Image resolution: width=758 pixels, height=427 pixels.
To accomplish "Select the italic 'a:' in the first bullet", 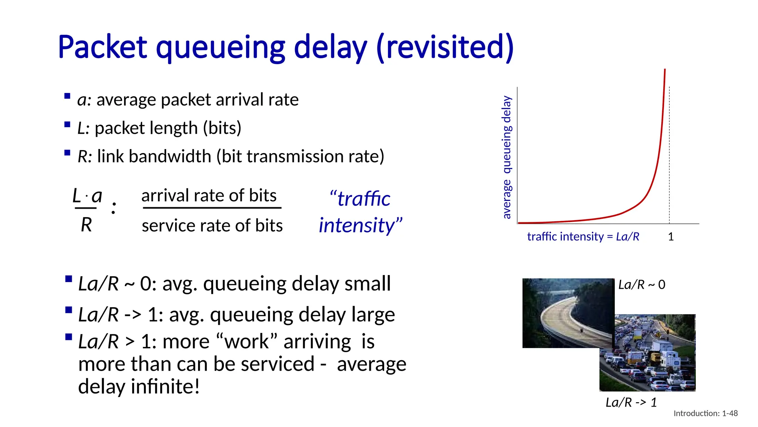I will [x=84, y=100].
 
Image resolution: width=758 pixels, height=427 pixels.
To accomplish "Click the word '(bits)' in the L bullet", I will [x=222, y=128].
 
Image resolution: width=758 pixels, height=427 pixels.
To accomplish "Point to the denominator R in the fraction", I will [x=86, y=225].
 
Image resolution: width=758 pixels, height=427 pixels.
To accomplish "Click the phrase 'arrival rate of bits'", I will [x=209, y=196].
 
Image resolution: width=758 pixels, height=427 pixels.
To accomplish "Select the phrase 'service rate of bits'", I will [x=212, y=226].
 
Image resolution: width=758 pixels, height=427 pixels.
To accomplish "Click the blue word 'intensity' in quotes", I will [x=357, y=225].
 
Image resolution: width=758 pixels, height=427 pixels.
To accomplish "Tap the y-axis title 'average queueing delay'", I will [x=507, y=157].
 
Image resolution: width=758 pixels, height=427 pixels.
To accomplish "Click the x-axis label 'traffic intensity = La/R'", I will [x=583, y=236].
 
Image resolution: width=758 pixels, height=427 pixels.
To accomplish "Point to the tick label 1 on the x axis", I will [x=671, y=237].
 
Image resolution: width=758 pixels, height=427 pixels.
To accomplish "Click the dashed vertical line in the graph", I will [x=669, y=156].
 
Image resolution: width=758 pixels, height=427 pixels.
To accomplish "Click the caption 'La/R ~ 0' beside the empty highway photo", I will [x=642, y=285].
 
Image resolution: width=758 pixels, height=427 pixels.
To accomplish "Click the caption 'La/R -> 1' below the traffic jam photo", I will [x=631, y=403].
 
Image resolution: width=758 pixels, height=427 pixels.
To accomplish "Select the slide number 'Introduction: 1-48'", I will [x=705, y=413].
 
